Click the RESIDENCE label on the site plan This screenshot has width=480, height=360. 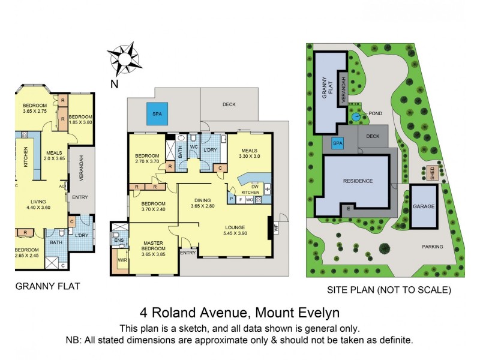[358, 181]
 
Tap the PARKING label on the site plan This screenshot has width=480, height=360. [432, 247]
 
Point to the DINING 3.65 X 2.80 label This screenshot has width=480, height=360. [203, 203]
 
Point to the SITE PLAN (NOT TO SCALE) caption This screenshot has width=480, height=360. [388, 290]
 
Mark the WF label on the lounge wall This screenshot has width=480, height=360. [276, 227]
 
